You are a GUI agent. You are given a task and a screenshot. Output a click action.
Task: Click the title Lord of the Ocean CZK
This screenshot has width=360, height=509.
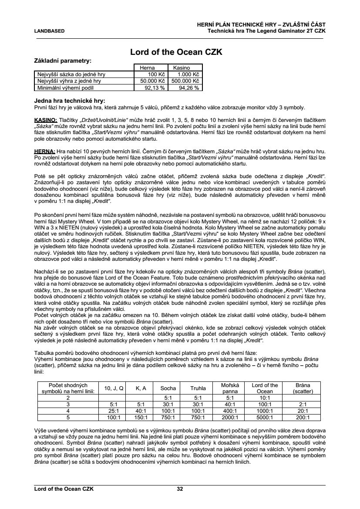pyautogui.click(x=177, y=52)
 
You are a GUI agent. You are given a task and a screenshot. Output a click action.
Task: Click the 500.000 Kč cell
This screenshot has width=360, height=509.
pyautogui.click(x=185, y=81)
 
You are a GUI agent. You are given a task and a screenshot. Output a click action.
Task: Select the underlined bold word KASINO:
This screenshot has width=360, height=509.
pyautogui.click(x=45, y=119)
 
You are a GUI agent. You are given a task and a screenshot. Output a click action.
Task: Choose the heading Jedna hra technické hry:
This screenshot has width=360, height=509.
pyautogui.click(x=69, y=101)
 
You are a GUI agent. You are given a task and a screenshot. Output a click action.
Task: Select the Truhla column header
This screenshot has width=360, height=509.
pyautogui.click(x=198, y=388)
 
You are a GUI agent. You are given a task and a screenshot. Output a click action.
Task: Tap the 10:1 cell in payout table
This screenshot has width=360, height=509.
pyautogui.click(x=265, y=398)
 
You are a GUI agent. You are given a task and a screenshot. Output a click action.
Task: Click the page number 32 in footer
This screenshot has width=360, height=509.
pyautogui.click(x=180, y=489)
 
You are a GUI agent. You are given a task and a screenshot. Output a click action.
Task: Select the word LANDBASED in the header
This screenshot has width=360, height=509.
pyautogui.click(x=50, y=31)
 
